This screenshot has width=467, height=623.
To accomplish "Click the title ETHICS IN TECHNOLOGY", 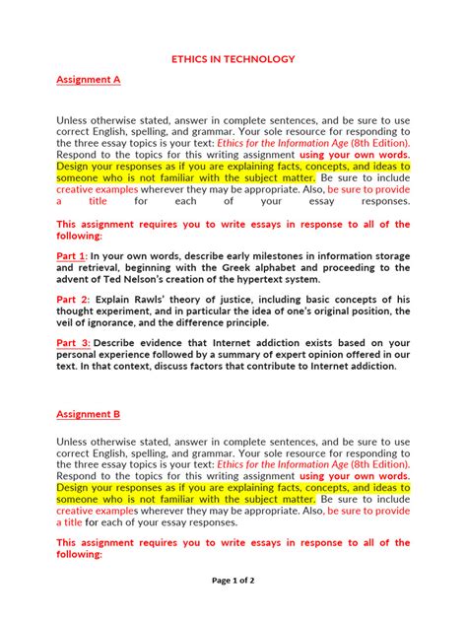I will pyautogui.click(x=233, y=59).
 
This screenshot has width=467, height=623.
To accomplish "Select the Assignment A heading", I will pyautogui.click(x=89, y=80).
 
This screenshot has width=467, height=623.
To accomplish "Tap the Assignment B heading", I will pyautogui.click(x=89, y=415).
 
